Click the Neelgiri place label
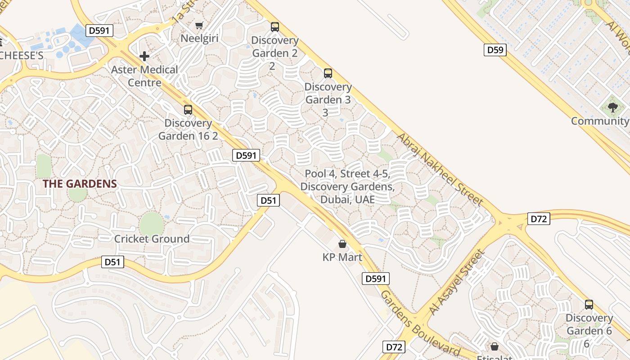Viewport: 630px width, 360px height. point(199,38)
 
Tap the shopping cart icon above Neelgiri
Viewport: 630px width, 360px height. point(199,25)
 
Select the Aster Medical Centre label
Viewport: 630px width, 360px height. point(144,76)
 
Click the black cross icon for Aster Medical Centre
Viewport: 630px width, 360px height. point(144,56)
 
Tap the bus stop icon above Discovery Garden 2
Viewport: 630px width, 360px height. point(274,27)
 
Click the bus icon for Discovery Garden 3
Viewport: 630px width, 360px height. point(328,73)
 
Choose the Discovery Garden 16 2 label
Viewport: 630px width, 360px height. point(188,129)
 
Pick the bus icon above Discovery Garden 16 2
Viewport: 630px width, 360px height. point(188,109)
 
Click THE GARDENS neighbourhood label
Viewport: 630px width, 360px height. point(80,184)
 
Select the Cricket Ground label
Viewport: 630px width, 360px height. point(152,238)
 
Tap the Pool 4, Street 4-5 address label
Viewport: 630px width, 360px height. point(347,186)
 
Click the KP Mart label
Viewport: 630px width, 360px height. point(342,257)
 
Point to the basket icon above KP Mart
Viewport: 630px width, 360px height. point(342,244)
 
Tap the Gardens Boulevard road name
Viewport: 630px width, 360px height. point(420,323)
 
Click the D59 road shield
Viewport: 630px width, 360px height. point(495,49)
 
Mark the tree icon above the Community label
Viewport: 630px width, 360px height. point(612,107)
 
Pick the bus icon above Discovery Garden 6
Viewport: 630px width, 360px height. point(589,305)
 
